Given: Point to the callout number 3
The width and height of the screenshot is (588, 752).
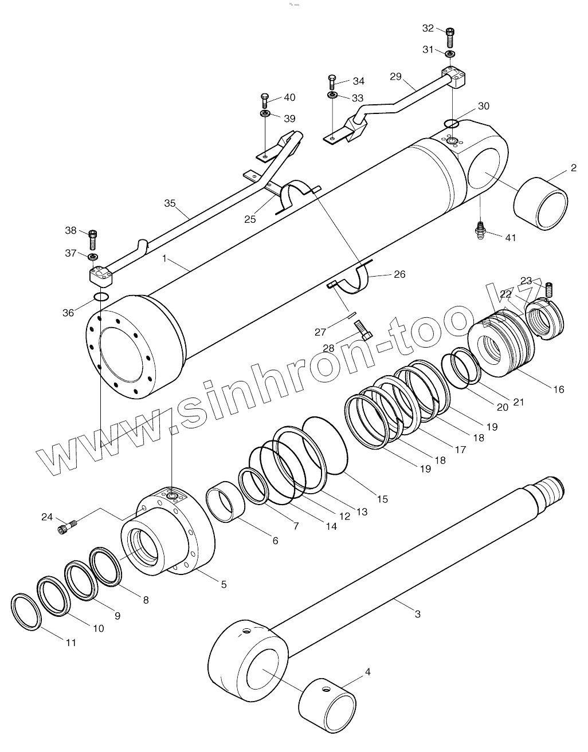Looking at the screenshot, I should click(418, 614).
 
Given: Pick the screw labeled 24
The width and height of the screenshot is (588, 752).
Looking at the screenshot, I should click(67, 527).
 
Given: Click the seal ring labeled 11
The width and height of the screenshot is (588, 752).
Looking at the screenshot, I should click(26, 612).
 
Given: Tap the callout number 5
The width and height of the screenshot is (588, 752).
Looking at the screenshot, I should click(224, 584).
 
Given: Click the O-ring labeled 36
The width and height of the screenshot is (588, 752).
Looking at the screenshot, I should click(101, 297).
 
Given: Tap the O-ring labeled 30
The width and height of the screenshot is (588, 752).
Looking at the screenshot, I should click(452, 123).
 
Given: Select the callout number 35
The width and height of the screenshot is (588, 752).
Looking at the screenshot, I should click(170, 203).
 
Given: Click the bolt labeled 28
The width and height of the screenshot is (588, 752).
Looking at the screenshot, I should click(364, 330).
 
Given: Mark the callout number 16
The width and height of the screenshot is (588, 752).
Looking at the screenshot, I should click(558, 389).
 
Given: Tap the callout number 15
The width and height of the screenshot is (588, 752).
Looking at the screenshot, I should click(382, 499).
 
